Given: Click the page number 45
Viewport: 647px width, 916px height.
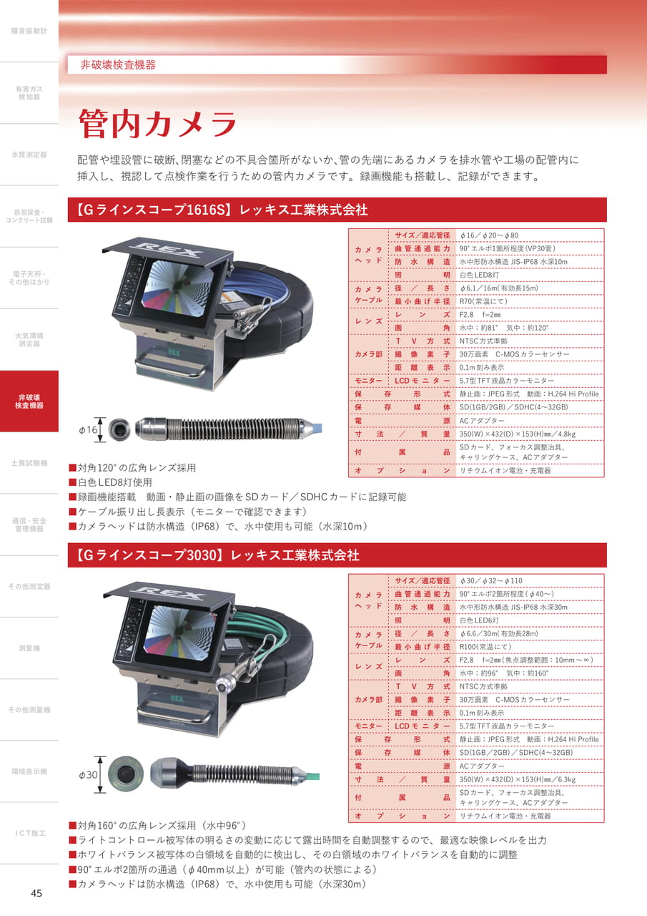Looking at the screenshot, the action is point(36,893).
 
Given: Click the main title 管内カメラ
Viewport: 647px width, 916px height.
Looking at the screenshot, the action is point(158,124).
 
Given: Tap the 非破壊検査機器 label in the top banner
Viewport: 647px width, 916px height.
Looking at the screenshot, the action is point(118,64).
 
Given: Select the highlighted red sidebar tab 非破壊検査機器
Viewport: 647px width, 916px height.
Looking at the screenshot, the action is point(29,401).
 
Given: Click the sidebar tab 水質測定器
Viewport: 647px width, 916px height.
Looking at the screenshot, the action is point(29,155).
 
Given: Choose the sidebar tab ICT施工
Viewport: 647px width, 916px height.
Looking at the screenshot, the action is point(30,833).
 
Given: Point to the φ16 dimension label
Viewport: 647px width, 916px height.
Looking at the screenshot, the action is point(88,430).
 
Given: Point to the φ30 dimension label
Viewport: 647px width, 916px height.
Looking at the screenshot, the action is point(88,775).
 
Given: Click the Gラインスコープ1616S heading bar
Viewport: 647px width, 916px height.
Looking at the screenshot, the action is point(337,210).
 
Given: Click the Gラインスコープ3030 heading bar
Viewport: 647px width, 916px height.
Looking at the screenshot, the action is point(337,555).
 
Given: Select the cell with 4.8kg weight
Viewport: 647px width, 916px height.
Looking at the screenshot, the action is point(518,434).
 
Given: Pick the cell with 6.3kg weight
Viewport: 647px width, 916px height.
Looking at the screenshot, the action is point(518,779).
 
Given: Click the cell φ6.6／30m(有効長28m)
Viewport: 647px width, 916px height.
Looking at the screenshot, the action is point(499,633).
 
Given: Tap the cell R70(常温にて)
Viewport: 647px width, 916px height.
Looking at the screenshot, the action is point(483,301).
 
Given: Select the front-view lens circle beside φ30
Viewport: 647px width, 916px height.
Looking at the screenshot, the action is point(127,774).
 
